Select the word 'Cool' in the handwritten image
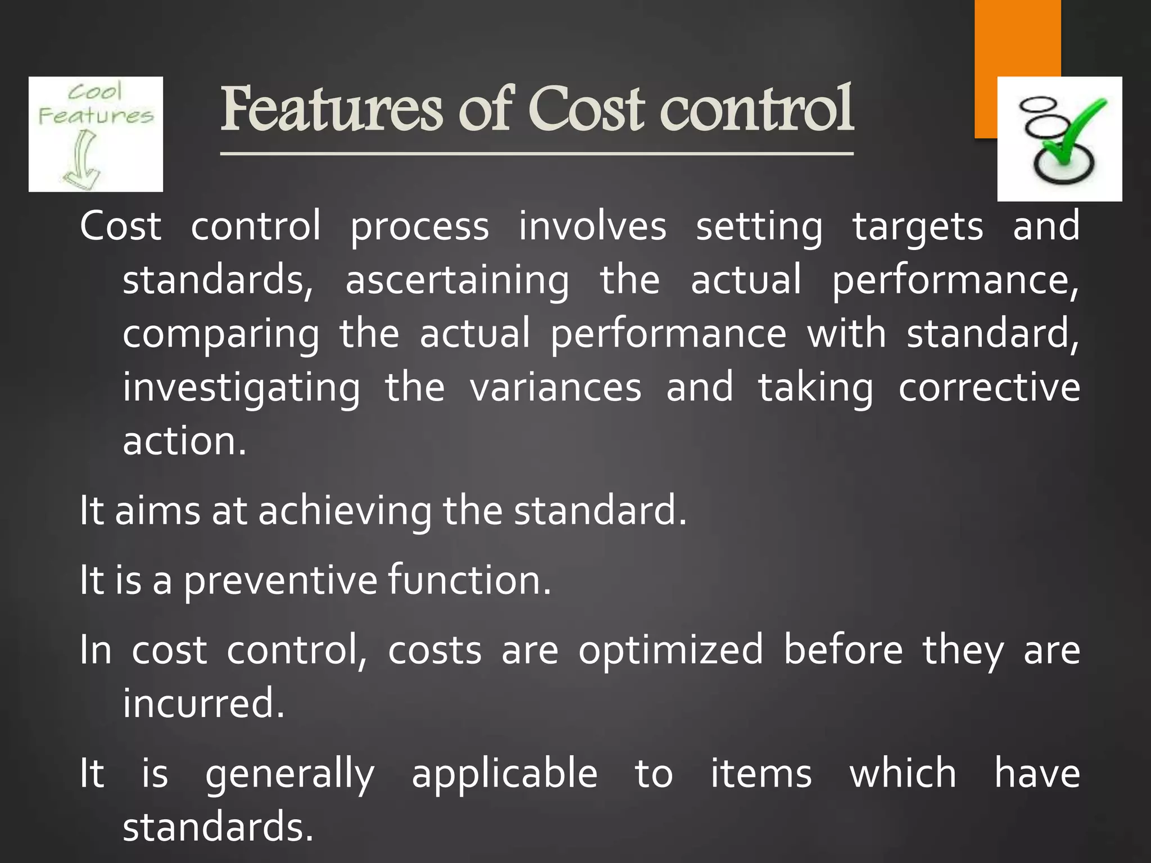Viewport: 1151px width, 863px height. point(94,92)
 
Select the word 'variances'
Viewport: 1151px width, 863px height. point(555,388)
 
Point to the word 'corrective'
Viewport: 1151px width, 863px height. point(989,388)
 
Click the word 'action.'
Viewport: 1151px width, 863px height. point(184,441)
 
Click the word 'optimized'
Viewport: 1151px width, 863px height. point(670,651)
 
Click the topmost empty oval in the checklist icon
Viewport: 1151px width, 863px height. point(1039,105)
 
